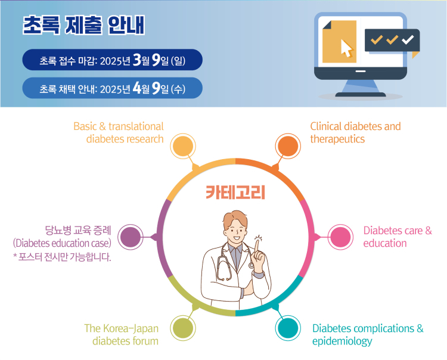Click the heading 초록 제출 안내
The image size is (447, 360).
click(x=84, y=25)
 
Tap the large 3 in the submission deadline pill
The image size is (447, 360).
click(x=137, y=60)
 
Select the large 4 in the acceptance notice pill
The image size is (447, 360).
click(x=137, y=88)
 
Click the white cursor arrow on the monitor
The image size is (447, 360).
click(x=347, y=48)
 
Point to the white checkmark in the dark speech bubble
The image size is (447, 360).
click(x=408, y=39)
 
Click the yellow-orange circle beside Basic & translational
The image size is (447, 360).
click(x=183, y=146)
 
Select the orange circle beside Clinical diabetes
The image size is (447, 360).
click(x=288, y=146)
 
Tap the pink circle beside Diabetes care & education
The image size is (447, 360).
click(x=340, y=237)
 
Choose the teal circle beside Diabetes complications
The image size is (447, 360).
click(x=288, y=328)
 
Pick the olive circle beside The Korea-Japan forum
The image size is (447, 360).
click(x=183, y=328)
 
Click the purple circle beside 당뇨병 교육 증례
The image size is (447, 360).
click(x=131, y=237)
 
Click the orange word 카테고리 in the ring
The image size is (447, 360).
click(x=235, y=192)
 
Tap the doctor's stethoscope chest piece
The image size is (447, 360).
click(x=251, y=265)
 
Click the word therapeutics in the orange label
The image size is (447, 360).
click(x=337, y=139)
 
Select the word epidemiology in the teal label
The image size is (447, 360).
click(x=342, y=341)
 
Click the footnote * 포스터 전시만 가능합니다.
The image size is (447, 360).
click(x=62, y=257)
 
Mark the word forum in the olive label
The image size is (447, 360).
click(x=145, y=341)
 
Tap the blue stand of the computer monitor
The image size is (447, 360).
click(x=361, y=88)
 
